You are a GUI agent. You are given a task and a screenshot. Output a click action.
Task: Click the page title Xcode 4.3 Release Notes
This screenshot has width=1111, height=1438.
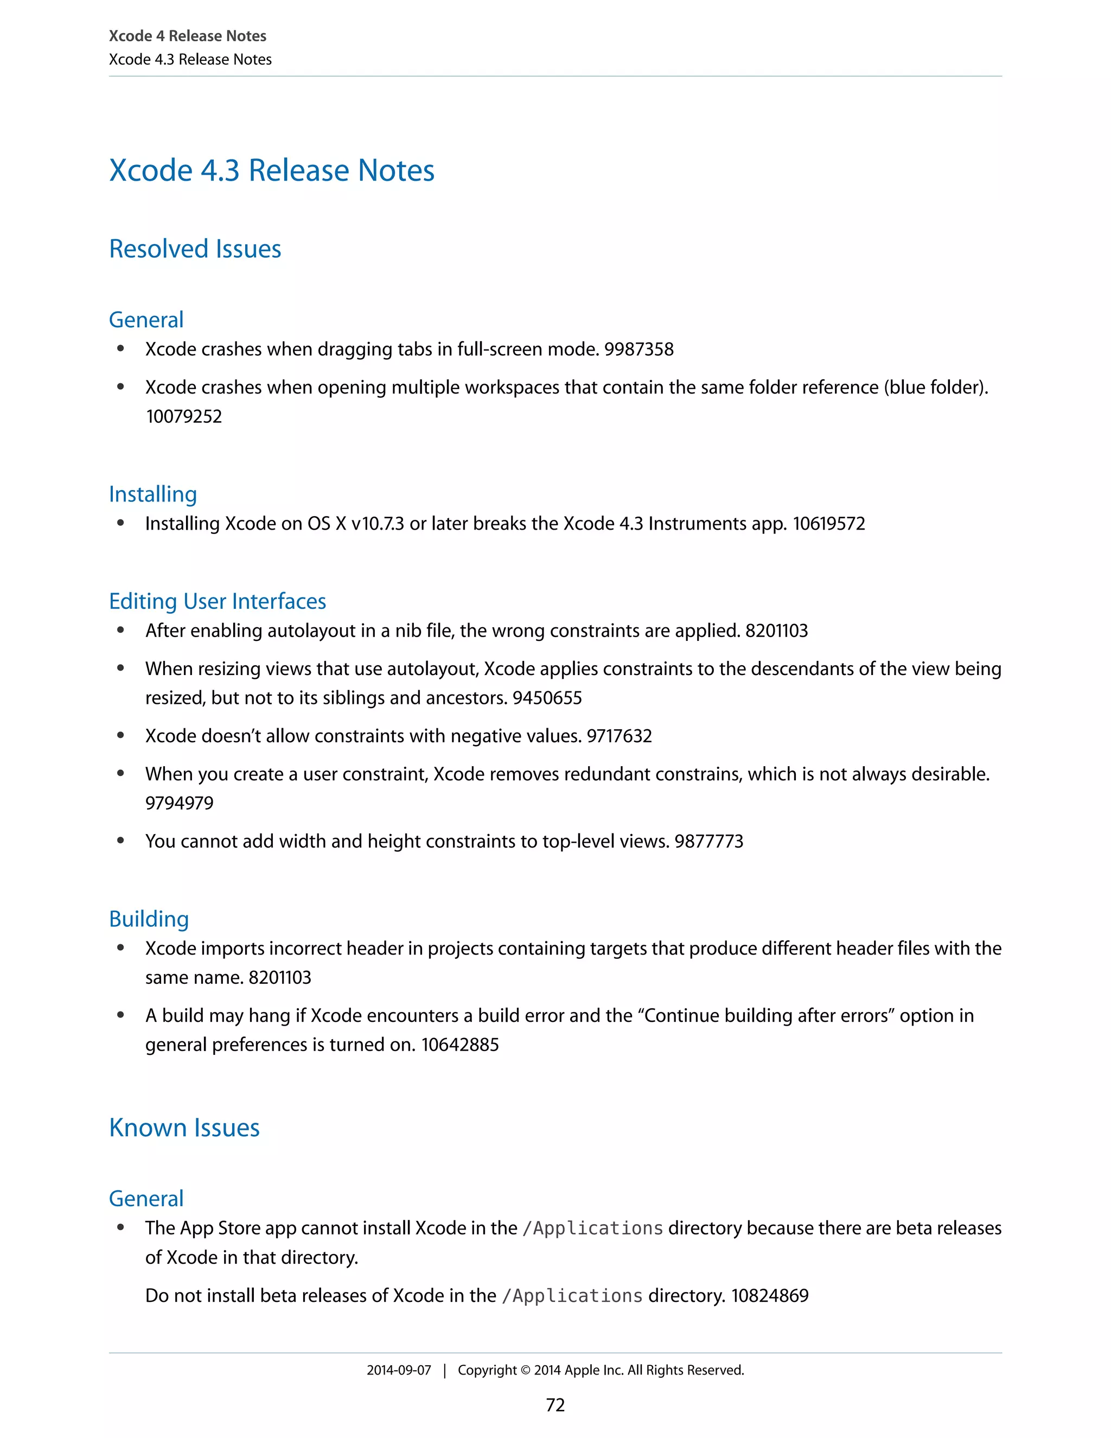(x=271, y=170)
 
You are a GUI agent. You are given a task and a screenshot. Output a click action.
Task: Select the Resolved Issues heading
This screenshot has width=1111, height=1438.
(x=195, y=249)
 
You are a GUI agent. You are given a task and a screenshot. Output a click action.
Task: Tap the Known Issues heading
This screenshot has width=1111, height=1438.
(x=184, y=1128)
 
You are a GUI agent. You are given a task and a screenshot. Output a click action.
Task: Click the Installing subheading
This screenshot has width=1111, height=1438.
(x=152, y=494)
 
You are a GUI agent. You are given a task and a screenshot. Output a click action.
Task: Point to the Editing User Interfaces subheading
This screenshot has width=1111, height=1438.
(x=217, y=601)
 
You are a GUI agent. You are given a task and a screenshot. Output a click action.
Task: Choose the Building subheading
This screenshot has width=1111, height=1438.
(x=149, y=919)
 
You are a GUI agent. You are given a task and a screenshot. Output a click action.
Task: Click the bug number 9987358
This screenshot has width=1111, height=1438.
(x=638, y=349)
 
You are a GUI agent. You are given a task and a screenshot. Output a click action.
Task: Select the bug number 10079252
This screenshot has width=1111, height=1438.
(x=184, y=416)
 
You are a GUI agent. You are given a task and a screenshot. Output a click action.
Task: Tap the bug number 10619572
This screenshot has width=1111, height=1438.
(x=829, y=524)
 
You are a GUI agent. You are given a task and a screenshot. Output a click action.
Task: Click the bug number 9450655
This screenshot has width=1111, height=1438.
(x=547, y=698)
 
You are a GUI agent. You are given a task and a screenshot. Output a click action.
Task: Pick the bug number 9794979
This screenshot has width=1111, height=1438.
(x=179, y=803)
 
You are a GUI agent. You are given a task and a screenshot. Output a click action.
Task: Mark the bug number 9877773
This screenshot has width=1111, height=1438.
(x=709, y=842)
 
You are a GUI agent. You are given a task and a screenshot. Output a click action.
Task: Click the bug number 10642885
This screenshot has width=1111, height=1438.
(x=460, y=1045)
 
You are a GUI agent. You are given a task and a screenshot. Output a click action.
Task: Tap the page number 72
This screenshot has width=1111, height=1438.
(x=555, y=1405)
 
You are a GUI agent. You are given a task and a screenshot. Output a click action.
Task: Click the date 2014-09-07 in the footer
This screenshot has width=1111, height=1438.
(x=398, y=1370)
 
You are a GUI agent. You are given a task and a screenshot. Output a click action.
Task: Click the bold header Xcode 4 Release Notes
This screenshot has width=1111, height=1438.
(x=188, y=36)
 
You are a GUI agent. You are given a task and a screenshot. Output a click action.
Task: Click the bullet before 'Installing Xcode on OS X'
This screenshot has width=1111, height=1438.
(x=120, y=524)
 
